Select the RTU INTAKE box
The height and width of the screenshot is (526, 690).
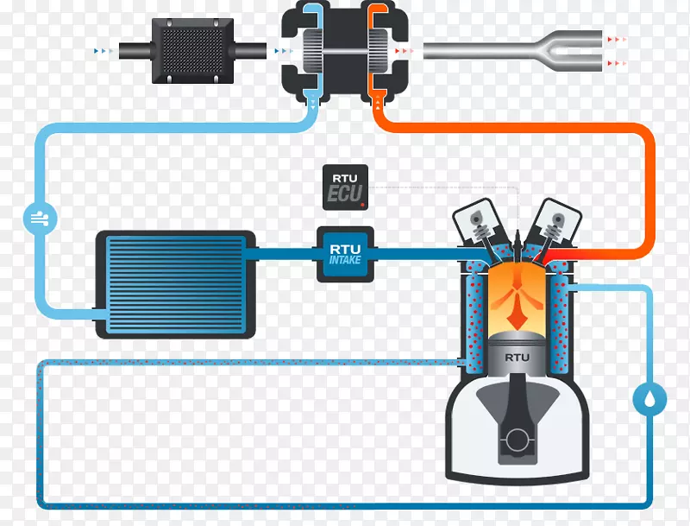pos(345,254)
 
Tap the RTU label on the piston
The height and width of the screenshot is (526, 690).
pos(517,357)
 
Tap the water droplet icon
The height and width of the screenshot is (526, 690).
pos(649,398)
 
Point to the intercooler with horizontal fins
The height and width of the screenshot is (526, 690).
pos(174,282)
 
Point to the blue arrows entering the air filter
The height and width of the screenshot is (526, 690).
pos(103,52)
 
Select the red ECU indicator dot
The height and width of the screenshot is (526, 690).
pos(363,205)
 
